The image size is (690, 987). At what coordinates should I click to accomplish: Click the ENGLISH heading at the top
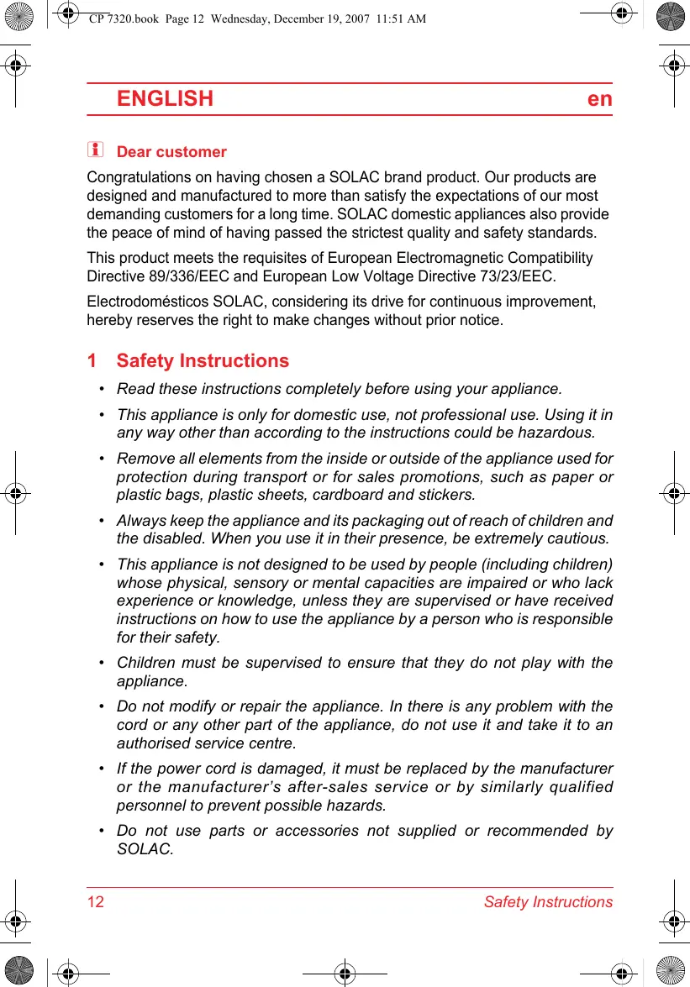[165, 99]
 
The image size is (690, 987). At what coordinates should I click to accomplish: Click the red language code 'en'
[599, 99]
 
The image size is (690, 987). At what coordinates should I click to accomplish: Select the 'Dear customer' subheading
[171, 152]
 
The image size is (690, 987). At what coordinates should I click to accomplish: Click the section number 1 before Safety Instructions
[92, 361]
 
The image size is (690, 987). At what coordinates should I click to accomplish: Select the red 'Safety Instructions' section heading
[203, 361]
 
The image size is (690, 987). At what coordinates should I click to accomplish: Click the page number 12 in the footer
[96, 902]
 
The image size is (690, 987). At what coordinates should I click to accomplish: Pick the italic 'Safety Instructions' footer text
[548, 902]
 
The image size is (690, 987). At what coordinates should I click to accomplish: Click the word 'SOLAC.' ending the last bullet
[145, 849]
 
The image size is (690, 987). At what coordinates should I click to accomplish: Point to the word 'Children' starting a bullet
[144, 663]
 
